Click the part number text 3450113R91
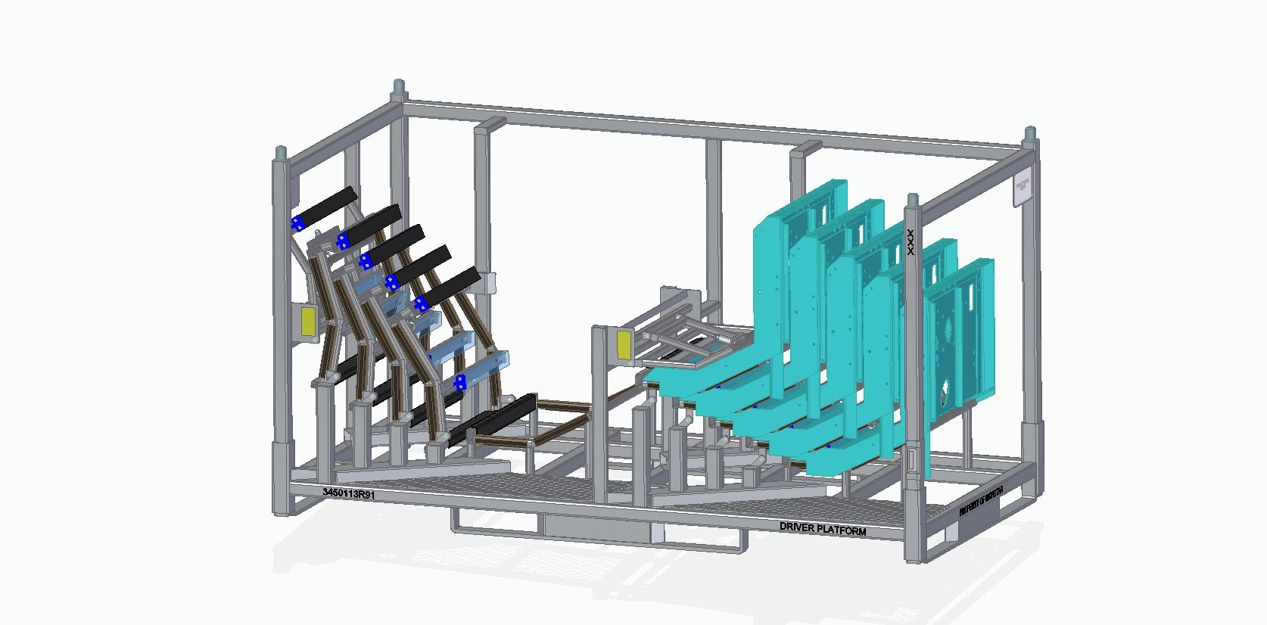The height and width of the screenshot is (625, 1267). pyautogui.click(x=348, y=493)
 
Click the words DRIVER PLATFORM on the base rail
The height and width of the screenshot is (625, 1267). pyautogui.click(x=823, y=529)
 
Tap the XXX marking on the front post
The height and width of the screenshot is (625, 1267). pyautogui.click(x=911, y=241)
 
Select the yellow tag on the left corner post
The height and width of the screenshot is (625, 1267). pyautogui.click(x=309, y=321)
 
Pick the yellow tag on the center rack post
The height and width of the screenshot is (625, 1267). pyautogui.click(x=624, y=344)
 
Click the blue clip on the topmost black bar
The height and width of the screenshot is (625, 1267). pyautogui.click(x=297, y=222)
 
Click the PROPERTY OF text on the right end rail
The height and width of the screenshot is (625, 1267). pyautogui.click(x=980, y=502)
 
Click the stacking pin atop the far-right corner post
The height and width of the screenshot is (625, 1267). pyautogui.click(x=1030, y=135)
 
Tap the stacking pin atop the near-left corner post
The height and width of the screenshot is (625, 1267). pyautogui.click(x=281, y=153)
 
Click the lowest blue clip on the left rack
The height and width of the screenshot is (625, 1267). pyautogui.click(x=459, y=384)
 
